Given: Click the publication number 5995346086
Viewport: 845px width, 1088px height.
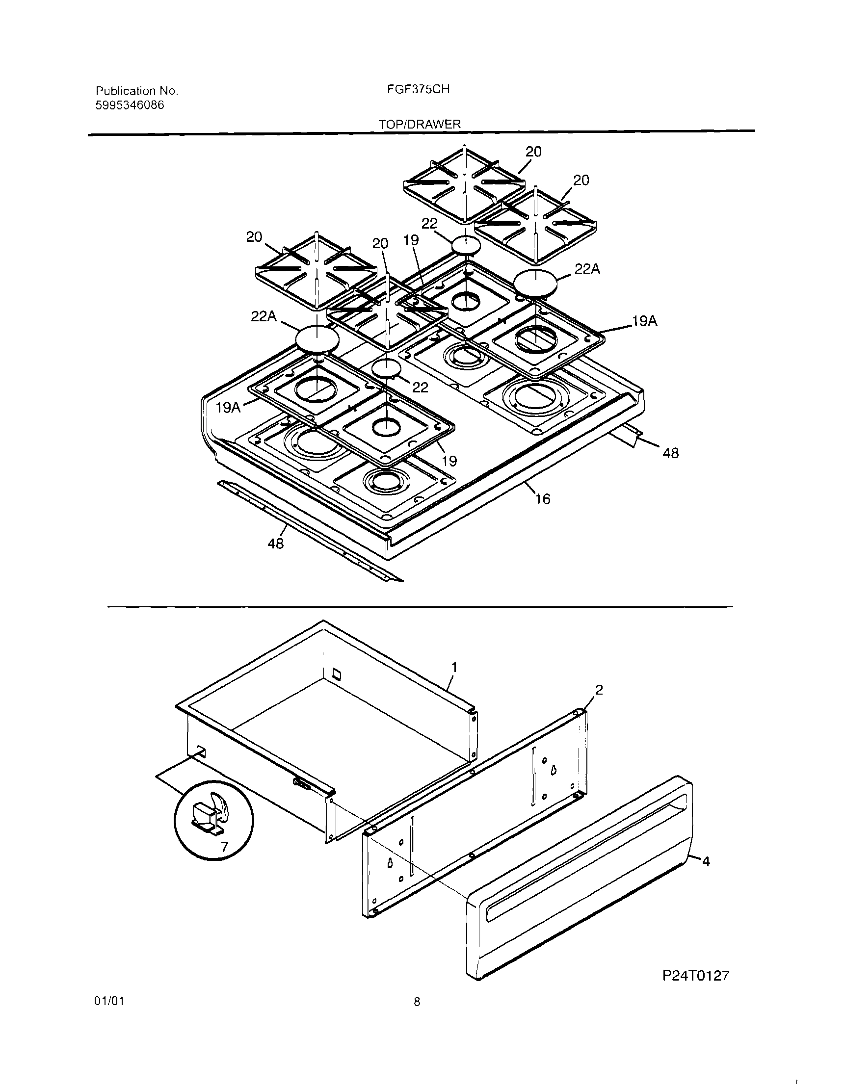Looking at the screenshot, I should [130, 105].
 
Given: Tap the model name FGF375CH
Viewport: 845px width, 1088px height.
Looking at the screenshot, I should [418, 89].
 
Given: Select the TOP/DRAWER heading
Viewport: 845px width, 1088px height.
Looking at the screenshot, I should [420, 125].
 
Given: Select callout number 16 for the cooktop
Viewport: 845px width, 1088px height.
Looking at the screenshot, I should [542, 499].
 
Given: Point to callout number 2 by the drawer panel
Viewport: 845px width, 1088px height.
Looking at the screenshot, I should [599, 690].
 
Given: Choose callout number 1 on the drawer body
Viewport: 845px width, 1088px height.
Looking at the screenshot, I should [454, 667].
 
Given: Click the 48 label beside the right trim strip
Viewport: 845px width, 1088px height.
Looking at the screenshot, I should [671, 453].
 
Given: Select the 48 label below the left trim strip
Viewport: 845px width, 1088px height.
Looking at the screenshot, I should [275, 544].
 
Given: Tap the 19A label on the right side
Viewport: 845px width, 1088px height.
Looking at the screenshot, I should [645, 321].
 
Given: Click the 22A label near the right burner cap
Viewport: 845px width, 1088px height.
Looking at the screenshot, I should [587, 269].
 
